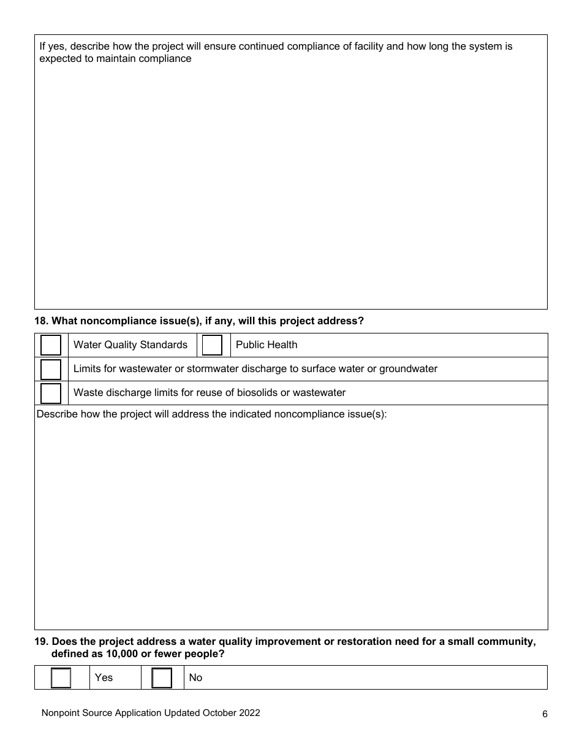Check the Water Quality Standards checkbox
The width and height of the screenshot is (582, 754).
pyautogui.click(x=51, y=345)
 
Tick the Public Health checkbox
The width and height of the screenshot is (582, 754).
pyautogui.click(x=212, y=345)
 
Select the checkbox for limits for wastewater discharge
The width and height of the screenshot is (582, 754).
pyautogui.click(x=51, y=369)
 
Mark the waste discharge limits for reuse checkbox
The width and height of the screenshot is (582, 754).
pyautogui.click(x=51, y=393)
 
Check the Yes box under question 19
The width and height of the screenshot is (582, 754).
pyautogui.click(x=61, y=678)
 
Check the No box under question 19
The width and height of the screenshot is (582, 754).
pyautogui.click(x=162, y=678)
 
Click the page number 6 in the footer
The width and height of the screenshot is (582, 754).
pyautogui.click(x=545, y=714)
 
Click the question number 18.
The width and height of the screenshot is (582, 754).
pyautogui.click(x=41, y=321)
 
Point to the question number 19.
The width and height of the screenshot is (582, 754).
pyautogui.click(x=41, y=642)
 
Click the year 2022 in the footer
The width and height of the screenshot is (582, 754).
pyautogui.click(x=249, y=713)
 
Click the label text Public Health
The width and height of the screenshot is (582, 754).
pyautogui.click(x=266, y=345)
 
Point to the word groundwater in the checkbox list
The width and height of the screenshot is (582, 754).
pyautogui.click(x=408, y=369)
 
